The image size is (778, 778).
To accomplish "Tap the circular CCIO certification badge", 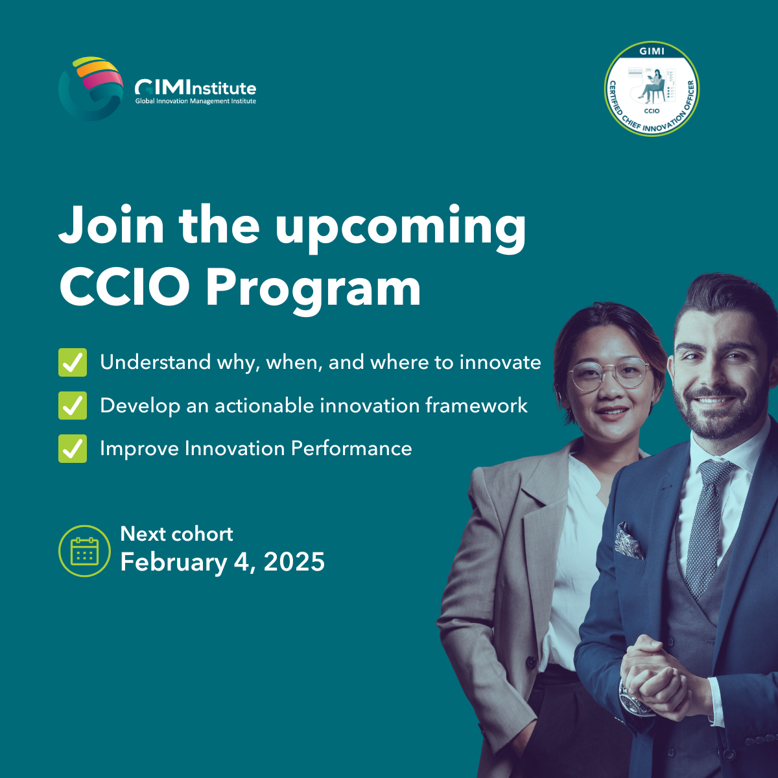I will (652, 89).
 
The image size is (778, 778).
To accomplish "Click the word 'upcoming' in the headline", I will (400, 227).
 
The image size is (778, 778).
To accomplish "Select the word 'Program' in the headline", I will (313, 287).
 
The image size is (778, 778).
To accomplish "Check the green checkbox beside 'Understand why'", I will (72, 362).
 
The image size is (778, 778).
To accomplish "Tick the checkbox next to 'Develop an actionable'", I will (72, 406).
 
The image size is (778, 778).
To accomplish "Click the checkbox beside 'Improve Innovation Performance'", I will (72, 449).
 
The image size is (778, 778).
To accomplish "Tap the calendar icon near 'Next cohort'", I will (84, 551).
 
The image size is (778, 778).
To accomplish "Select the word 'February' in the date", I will (173, 562).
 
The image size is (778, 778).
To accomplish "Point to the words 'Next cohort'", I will (176, 534).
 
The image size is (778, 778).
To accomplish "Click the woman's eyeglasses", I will (608, 375).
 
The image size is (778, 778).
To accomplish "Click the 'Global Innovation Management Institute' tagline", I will (195, 101).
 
